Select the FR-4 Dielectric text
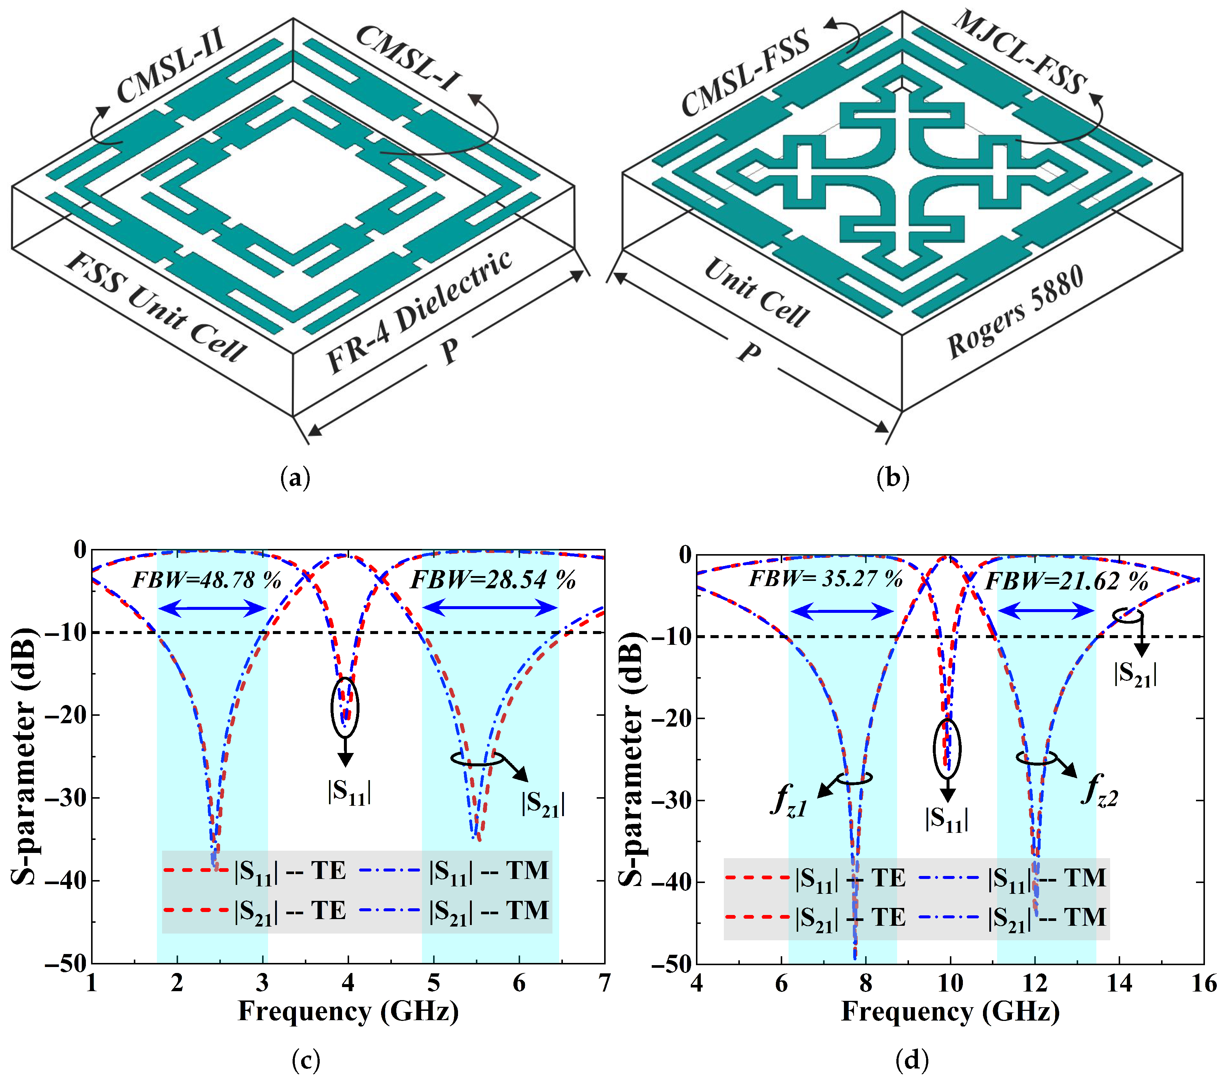[419, 311]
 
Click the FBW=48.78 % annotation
[206, 580]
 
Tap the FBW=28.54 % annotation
[493, 580]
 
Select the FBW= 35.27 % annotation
[826, 579]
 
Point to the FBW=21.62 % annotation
[1067, 581]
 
